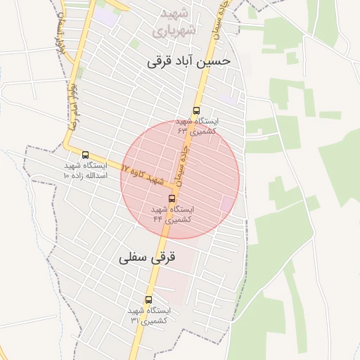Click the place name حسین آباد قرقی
[x=188, y=62]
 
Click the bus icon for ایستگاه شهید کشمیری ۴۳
[x=196, y=110]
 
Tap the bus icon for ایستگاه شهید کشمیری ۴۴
[x=172, y=199]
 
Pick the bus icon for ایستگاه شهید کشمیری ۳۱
[x=148, y=300]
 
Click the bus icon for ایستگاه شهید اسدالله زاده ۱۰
[x=85, y=155]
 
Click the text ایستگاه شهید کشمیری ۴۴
[x=172, y=214]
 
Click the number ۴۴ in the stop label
[x=158, y=219]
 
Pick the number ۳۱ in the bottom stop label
[x=134, y=321]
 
